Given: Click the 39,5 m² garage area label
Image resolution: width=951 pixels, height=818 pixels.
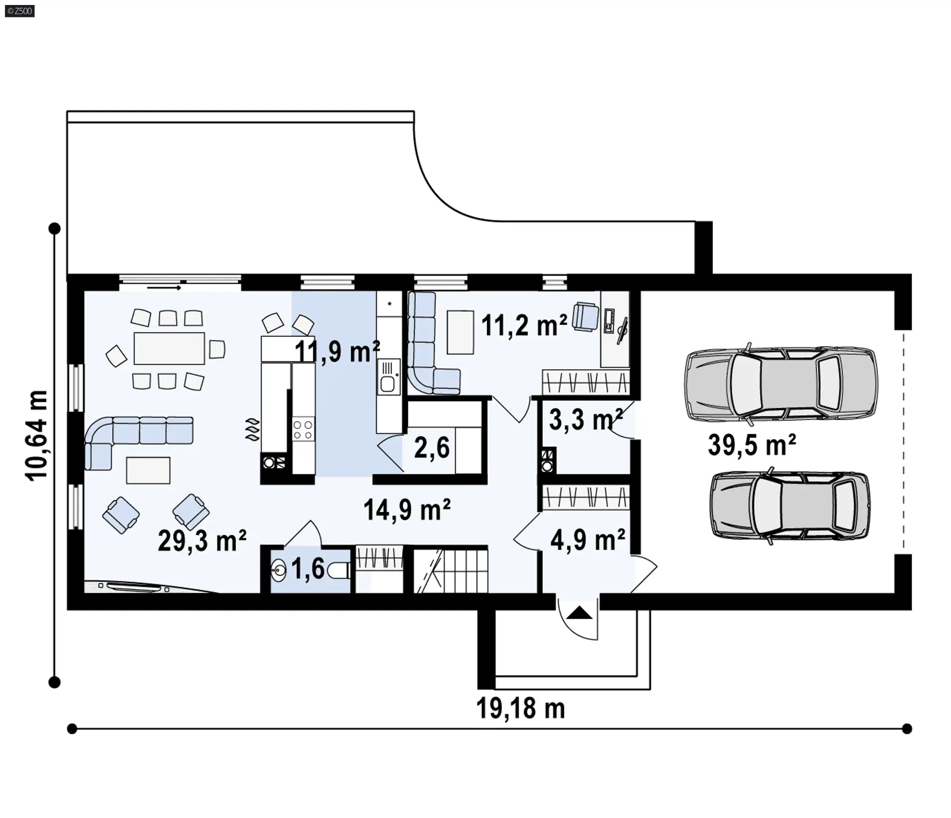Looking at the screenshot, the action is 752,445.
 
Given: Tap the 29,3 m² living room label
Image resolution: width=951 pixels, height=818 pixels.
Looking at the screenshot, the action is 202,540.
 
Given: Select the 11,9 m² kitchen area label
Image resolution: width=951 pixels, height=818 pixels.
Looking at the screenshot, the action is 337,351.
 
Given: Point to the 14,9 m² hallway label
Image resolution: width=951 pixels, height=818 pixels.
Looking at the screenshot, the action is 407,510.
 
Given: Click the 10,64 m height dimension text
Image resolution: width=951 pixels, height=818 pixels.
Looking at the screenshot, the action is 38,435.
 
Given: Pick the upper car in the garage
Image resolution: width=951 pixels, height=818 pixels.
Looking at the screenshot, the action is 781,384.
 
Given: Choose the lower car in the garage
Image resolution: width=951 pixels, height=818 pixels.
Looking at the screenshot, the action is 790,505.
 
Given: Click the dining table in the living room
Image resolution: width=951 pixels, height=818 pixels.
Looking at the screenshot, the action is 169,348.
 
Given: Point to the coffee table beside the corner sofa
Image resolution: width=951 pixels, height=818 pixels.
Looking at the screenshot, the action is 148,470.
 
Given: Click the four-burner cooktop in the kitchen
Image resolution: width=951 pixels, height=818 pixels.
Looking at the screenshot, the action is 303,429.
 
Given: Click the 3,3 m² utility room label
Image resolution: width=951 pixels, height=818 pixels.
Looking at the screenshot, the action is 586,419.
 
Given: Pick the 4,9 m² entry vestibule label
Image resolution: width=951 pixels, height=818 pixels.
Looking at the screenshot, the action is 588,540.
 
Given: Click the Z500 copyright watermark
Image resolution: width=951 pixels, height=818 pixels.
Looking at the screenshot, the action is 20,11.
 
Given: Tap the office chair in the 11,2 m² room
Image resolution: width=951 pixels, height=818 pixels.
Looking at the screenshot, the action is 585,316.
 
